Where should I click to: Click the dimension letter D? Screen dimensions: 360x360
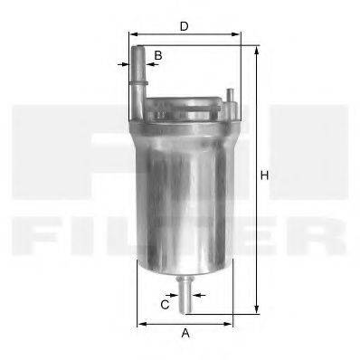click(x=184, y=27)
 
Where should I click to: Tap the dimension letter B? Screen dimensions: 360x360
click(x=158, y=56)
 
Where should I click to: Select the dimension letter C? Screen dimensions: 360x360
click(x=166, y=305)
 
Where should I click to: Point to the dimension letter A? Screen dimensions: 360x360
click(x=185, y=333)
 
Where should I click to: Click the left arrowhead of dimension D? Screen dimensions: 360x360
click(x=126, y=38)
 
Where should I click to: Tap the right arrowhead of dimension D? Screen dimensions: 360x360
click(x=239, y=38)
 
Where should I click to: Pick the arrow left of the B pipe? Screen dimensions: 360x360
click(x=124, y=64)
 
